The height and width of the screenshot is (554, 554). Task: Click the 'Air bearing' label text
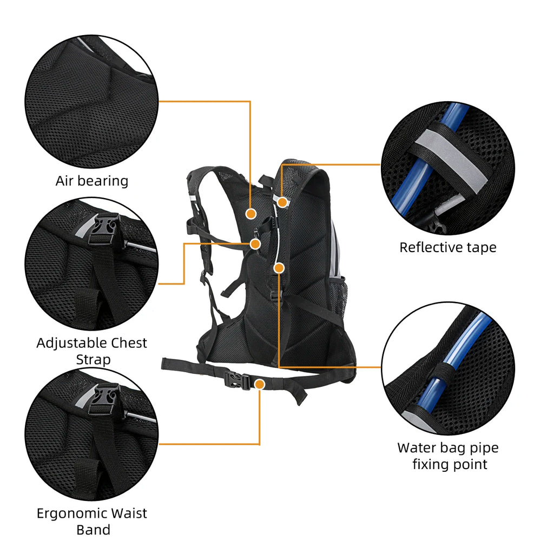pos(92,181)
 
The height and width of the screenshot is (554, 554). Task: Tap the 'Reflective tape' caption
pos(447,247)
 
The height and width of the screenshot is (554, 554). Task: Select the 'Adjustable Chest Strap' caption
pos(92,351)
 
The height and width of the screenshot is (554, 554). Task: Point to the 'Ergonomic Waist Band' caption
pos(92,521)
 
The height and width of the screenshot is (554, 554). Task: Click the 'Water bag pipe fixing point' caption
pos(448,456)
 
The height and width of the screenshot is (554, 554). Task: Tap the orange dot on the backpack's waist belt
pos(260,384)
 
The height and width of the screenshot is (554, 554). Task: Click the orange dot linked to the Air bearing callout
pos(250,214)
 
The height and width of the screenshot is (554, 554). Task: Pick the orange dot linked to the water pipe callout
pos(279,267)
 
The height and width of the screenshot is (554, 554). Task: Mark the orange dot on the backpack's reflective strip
pos(282,202)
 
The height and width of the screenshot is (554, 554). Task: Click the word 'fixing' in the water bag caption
pos(432,464)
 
